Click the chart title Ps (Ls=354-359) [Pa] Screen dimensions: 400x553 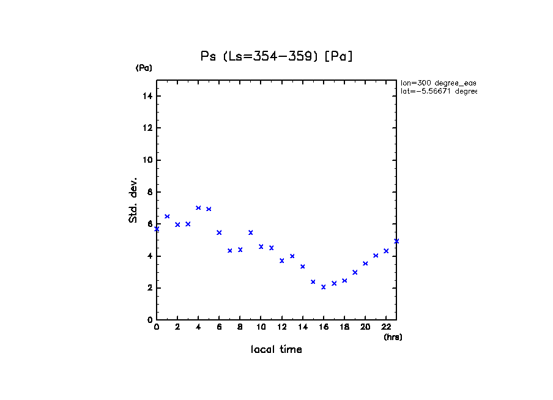coord(277,56)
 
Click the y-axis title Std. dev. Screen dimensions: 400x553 coord(133,200)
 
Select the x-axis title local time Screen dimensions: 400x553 coord(276,350)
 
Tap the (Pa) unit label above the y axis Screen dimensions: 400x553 coord(144,69)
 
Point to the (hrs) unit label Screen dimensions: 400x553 coord(393,337)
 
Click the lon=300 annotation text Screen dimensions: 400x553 coord(438,83)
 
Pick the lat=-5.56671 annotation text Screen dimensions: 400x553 coord(438,91)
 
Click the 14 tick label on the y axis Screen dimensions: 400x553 coord(147,97)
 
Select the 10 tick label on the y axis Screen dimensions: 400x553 coord(147,160)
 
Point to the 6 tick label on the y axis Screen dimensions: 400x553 coord(150,224)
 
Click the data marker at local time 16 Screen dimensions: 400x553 coord(324,287)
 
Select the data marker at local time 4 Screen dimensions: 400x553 coord(198,208)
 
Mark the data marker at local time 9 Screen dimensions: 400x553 coord(251,232)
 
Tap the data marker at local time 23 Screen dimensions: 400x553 coord(396,241)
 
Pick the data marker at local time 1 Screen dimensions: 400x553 coord(167,217)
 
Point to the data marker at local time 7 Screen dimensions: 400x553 coord(230,251)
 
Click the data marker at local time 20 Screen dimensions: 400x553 coord(365,264)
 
